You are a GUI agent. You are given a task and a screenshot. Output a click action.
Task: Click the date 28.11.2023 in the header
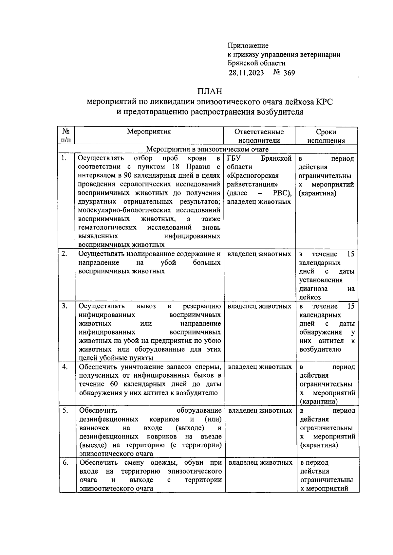coord(246,73)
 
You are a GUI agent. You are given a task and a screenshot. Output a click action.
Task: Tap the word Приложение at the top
coord(248,45)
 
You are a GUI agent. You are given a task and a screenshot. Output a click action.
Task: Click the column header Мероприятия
coord(149,132)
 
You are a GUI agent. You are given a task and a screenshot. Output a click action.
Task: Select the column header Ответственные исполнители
coord(259,136)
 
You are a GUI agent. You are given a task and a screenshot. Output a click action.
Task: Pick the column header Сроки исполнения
coord(326,136)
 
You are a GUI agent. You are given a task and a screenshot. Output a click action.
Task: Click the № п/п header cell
coord(65,136)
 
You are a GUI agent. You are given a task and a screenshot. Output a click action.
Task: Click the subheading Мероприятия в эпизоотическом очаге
coord(207,149)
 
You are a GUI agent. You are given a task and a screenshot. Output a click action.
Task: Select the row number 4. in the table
coord(65,367)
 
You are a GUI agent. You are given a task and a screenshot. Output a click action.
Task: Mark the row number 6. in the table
coord(65,463)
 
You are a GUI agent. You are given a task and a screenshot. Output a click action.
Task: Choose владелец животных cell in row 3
coord(259,306)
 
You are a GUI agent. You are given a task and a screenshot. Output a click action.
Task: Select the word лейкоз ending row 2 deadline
coord(309,297)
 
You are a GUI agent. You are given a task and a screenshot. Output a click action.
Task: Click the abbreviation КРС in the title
coord(324,101)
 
